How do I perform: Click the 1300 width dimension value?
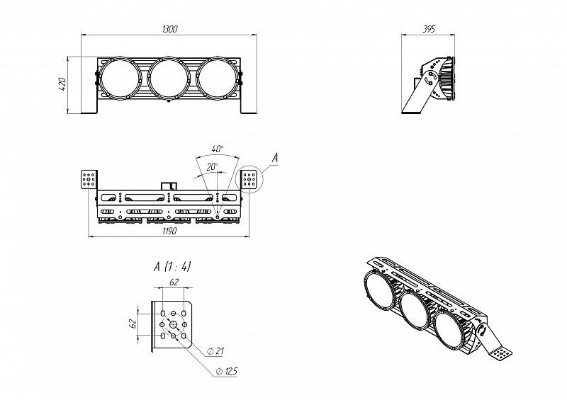click(x=170, y=29)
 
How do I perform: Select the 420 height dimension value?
click(x=62, y=84)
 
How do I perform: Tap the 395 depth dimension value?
click(x=429, y=29)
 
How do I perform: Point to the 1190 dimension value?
click(x=169, y=231)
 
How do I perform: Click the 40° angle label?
click(x=218, y=149)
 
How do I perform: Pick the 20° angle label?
click(x=212, y=166)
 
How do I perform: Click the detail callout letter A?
click(x=275, y=158)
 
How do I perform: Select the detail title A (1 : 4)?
click(x=172, y=267)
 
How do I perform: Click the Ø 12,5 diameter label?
click(x=226, y=371)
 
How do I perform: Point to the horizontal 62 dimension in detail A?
click(x=174, y=282)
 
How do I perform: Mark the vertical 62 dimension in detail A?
click(x=133, y=324)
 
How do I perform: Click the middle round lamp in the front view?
click(x=169, y=79)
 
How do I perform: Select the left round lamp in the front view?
click(x=120, y=79)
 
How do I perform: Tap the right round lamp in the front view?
click(x=218, y=79)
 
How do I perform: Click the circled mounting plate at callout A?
click(x=249, y=179)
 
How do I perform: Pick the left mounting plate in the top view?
click(x=89, y=179)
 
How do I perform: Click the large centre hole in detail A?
click(x=174, y=324)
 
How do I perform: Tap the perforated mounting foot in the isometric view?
click(x=501, y=353)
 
